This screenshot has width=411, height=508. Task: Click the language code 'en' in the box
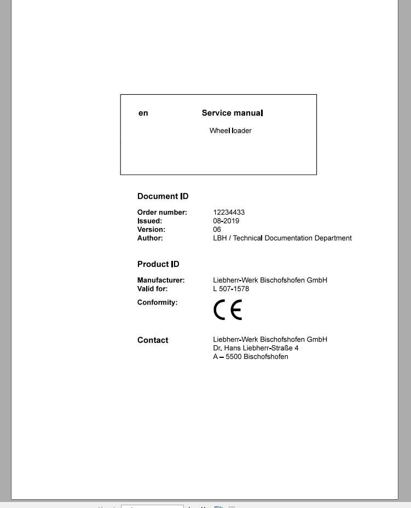pyautogui.click(x=143, y=113)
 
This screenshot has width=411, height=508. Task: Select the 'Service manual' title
pyautogui.click(x=232, y=113)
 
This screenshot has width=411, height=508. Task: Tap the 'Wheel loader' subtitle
pyautogui.click(x=230, y=131)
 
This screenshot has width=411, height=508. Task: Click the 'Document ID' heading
pyautogui.click(x=163, y=196)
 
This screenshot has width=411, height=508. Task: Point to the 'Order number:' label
pyautogui.click(x=162, y=212)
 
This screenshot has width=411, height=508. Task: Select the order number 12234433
pyautogui.click(x=229, y=212)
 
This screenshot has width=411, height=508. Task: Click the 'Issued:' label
pyautogui.click(x=149, y=221)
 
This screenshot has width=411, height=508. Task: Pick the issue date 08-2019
pyautogui.click(x=226, y=221)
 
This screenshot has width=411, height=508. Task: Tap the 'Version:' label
pyautogui.click(x=151, y=230)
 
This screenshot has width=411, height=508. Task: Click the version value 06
pyautogui.click(x=217, y=230)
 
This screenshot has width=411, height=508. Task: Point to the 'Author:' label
pyautogui.click(x=150, y=238)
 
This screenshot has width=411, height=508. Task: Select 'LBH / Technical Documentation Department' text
pyautogui.click(x=282, y=238)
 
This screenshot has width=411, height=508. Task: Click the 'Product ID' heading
pyautogui.click(x=158, y=264)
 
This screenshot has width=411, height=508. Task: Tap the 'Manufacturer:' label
pyautogui.click(x=161, y=280)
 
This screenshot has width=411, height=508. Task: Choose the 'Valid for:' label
pyautogui.click(x=153, y=289)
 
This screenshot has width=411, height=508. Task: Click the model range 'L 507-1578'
pyautogui.click(x=231, y=289)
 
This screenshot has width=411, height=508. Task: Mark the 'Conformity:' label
pyautogui.click(x=158, y=302)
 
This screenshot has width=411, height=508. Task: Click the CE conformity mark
pyautogui.click(x=228, y=311)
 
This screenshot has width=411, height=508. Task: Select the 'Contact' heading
pyautogui.click(x=153, y=340)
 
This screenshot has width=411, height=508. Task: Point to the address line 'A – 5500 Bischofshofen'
pyautogui.click(x=251, y=357)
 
